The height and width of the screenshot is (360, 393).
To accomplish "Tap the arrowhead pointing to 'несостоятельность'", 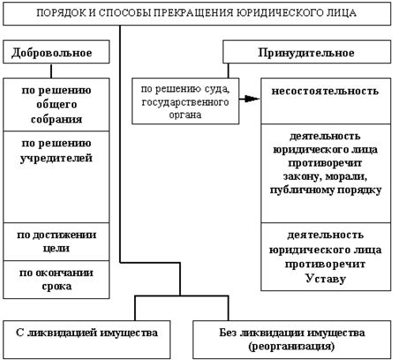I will pos(256,96).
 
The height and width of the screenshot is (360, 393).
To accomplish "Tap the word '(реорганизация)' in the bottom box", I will pos(290,347).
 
